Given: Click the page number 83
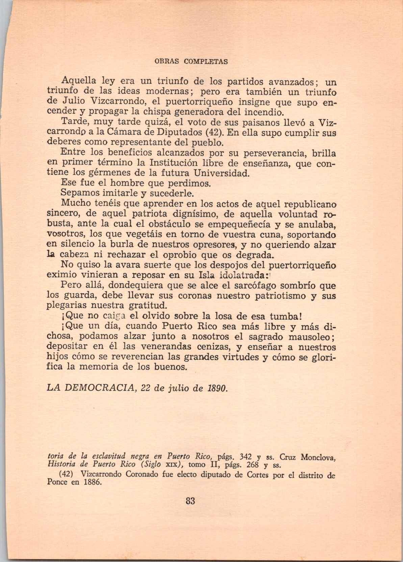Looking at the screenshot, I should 191,501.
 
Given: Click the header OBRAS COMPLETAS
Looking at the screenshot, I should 191,62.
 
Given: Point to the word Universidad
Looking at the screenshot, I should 222,173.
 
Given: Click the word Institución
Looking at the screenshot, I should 165,163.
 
